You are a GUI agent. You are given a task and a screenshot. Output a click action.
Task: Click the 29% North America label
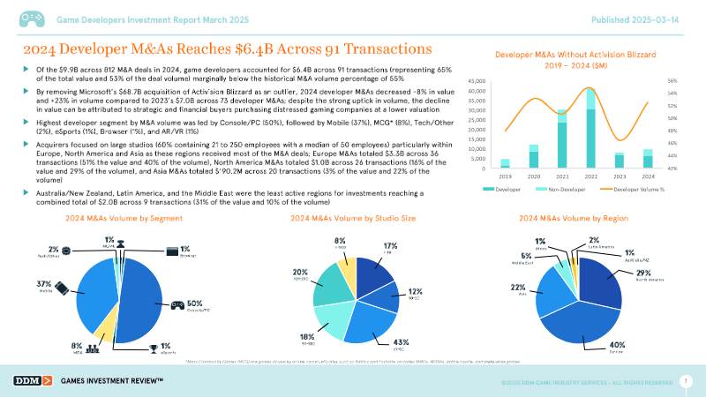click(x=642, y=275)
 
